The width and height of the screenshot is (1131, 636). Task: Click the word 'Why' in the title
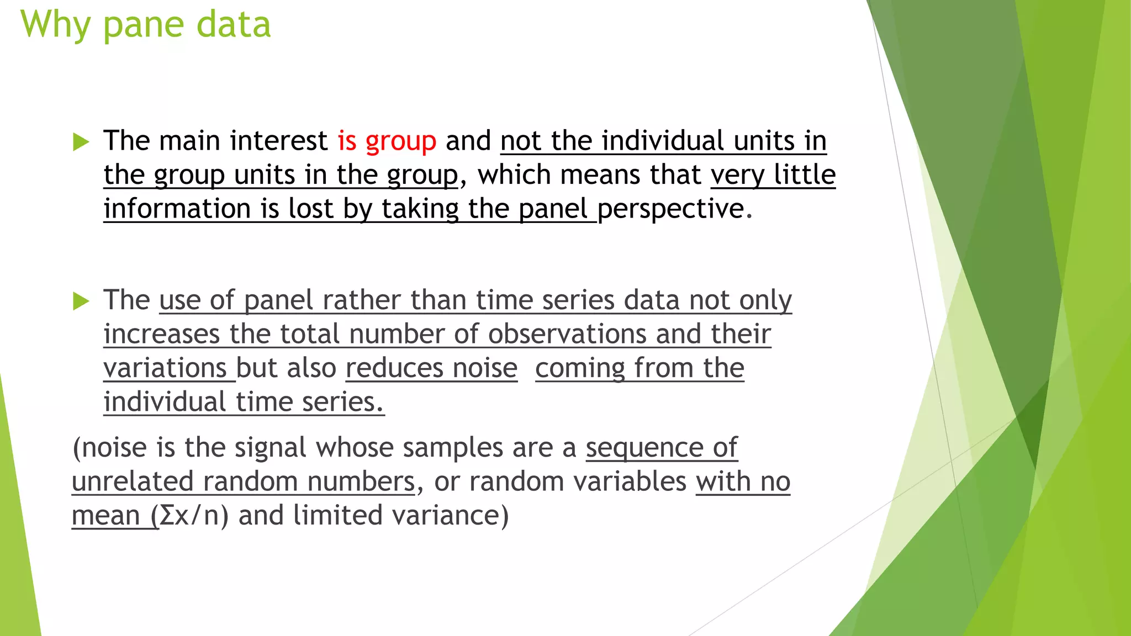55,25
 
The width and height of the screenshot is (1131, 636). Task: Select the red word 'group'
400,141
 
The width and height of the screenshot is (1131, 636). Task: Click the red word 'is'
347,141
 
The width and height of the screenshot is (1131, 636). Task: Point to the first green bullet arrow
81,142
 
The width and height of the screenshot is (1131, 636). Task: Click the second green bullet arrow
81,301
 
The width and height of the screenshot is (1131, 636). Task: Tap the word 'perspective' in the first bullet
671,209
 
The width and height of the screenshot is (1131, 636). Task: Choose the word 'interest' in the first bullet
279,141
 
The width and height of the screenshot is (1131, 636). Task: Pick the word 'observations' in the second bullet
567,335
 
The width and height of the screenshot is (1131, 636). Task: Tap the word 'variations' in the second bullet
165,368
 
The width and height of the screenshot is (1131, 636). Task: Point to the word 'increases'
162,335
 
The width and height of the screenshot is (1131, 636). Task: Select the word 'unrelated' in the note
133,482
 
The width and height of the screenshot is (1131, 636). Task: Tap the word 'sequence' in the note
644,448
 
